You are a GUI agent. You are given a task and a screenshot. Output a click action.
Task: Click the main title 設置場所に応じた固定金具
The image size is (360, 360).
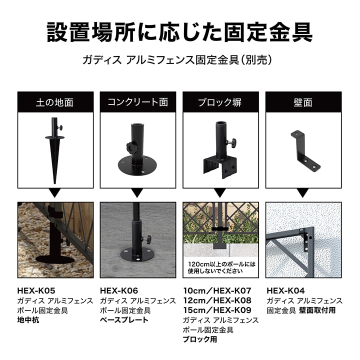(180, 32)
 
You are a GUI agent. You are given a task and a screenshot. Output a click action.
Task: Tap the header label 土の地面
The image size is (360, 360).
(54, 102)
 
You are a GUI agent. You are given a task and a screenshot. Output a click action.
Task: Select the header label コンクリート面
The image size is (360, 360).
(138, 102)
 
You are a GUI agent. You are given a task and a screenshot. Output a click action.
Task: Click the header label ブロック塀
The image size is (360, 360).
(220, 102)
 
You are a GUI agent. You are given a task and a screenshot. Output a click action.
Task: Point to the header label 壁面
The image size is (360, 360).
(303, 102)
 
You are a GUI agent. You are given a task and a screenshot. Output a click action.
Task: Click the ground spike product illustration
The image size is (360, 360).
(54, 150)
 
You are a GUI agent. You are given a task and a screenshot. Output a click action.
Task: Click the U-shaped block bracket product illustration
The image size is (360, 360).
(220, 150)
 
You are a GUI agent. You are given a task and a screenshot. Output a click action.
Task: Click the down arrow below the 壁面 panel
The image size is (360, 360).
(303, 193)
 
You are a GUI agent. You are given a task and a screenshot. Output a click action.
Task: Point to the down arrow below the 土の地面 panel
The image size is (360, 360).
(54, 193)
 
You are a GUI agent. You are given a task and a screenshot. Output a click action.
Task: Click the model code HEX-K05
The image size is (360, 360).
(36, 290)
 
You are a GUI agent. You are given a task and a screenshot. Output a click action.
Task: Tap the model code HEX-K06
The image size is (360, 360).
(119, 290)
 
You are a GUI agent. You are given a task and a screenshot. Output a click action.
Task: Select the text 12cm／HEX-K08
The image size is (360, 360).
(217, 300)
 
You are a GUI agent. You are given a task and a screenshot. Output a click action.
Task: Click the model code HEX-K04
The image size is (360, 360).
(285, 290)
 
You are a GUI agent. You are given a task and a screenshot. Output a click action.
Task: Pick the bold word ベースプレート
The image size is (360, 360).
(124, 320)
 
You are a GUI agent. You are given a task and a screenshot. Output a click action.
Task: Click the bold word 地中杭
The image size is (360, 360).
(28, 320)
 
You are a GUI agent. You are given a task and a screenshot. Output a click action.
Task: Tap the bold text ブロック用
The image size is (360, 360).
(200, 339)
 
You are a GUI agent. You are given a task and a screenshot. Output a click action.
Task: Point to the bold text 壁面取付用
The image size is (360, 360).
(317, 310)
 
